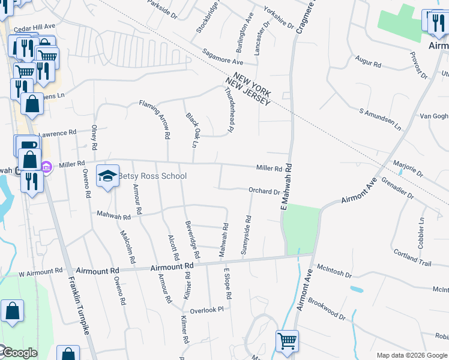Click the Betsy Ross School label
pyautogui.click(x=152, y=176)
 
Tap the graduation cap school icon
pyautogui.click(x=107, y=176)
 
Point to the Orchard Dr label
pyautogui.click(x=264, y=191)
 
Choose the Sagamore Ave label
pyautogui.click(x=223, y=57)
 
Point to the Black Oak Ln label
pyautogui.click(x=191, y=129)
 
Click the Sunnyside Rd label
pyautogui.click(x=245, y=235)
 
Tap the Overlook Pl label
pyautogui.click(x=206, y=310)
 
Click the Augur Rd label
pyautogui.click(x=369, y=62)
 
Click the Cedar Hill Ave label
pyautogui.click(x=34, y=27)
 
